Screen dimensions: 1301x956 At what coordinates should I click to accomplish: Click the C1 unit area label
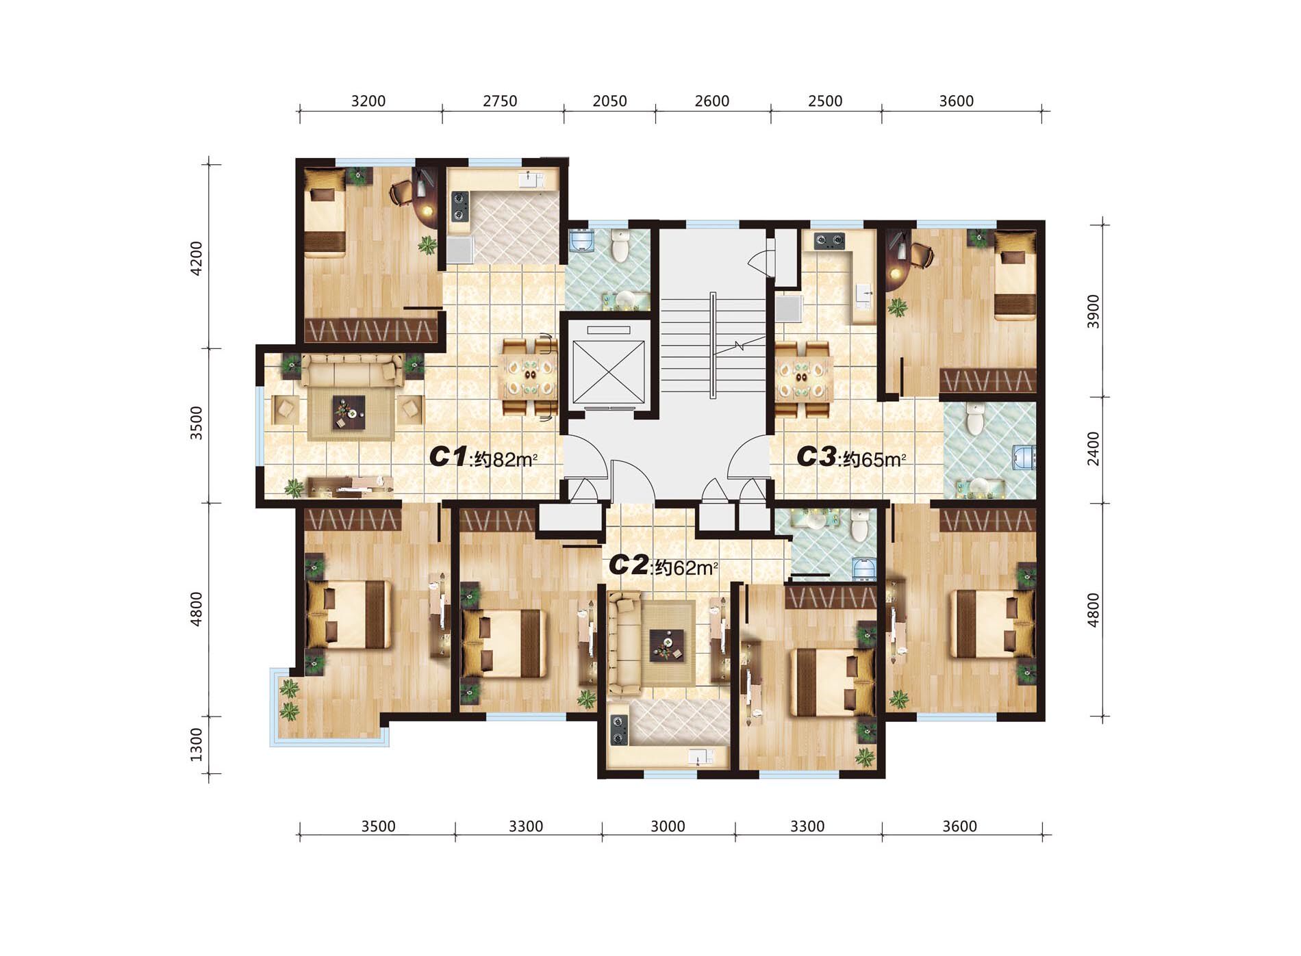483,457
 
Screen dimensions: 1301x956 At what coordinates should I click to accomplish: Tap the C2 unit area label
663,566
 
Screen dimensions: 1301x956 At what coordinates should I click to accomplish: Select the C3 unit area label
851,457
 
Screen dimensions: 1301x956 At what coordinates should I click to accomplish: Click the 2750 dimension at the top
500,101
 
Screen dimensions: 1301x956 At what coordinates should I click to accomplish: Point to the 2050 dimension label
609,101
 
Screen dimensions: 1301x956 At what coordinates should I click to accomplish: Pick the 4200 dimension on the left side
197,258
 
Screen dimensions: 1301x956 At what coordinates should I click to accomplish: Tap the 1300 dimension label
197,745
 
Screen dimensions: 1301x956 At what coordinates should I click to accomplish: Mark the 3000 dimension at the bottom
668,826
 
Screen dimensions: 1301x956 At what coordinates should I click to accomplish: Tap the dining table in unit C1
530,377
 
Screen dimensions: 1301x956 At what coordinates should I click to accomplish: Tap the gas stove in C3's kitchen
829,240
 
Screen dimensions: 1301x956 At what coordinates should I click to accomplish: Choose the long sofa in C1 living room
352,370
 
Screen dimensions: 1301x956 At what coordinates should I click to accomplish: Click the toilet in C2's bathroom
859,524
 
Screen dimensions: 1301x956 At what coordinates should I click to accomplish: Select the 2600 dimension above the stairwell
712,101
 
